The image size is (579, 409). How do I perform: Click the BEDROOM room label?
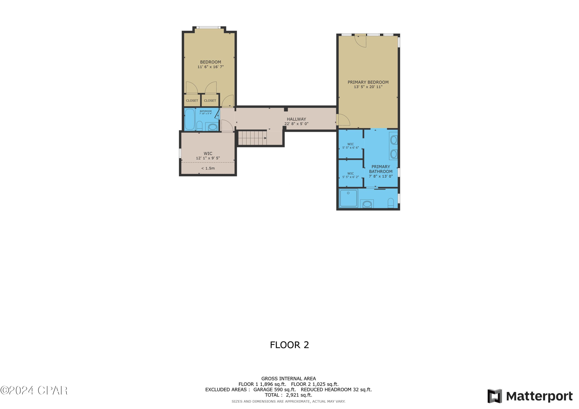(x=210, y=62)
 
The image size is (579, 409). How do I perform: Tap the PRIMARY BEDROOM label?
(x=368, y=82)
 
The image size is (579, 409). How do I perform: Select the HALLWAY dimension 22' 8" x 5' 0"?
(x=296, y=124)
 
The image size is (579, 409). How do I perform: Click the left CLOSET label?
(x=192, y=100)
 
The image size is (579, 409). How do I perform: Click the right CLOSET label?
(x=210, y=100)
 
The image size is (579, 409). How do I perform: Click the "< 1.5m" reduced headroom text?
(x=208, y=168)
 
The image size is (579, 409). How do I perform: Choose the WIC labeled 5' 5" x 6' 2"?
(x=350, y=175)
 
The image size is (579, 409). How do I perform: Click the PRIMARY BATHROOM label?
(x=381, y=169)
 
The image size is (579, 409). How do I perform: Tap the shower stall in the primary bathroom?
(x=348, y=198)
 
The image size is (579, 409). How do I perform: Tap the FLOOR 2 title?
(x=289, y=345)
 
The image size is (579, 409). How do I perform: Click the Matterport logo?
(x=530, y=396)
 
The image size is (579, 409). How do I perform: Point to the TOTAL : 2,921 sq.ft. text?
(x=288, y=395)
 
